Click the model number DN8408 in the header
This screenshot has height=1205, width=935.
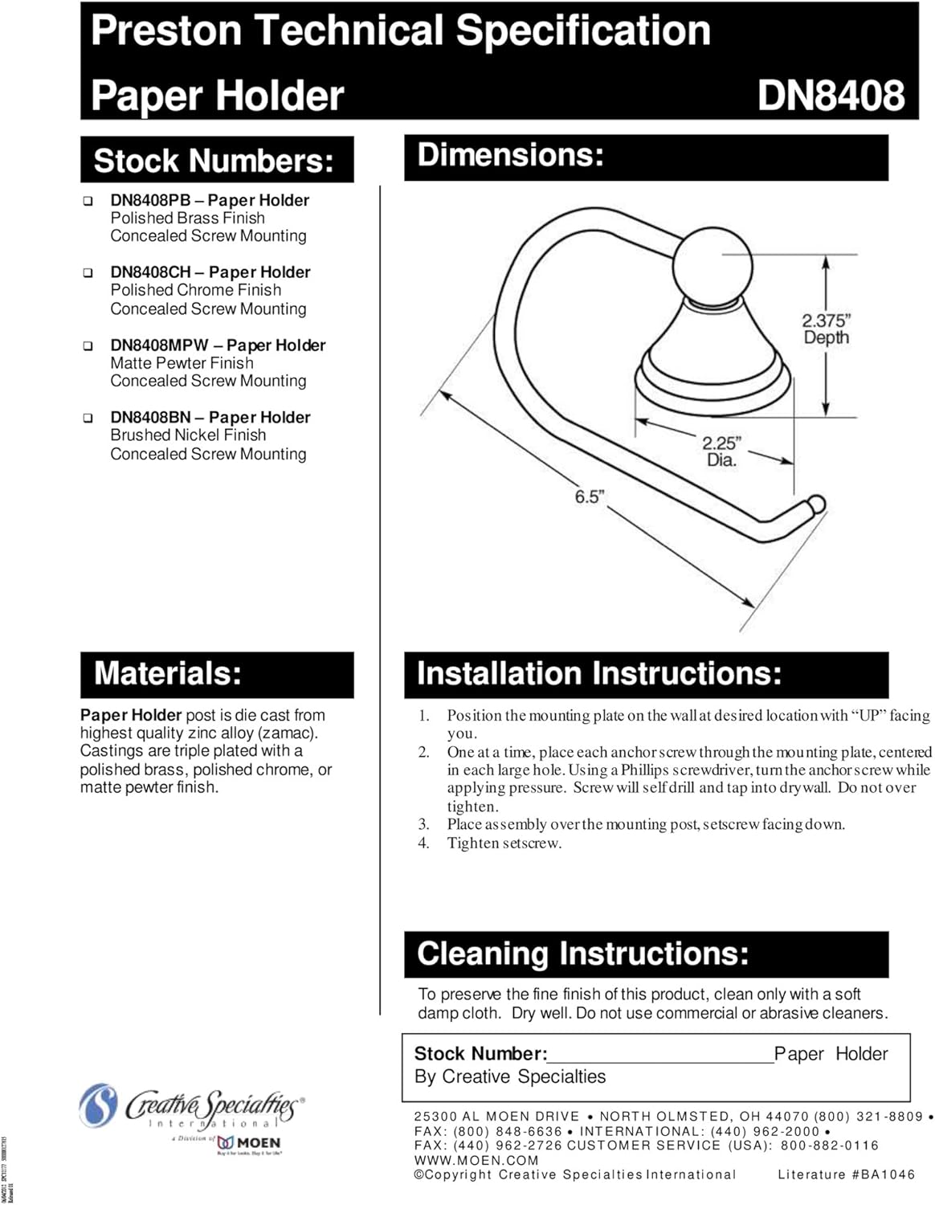click(x=831, y=95)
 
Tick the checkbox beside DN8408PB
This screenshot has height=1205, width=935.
click(x=88, y=201)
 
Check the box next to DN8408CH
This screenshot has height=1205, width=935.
click(x=88, y=273)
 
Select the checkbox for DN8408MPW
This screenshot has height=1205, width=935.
click(x=88, y=346)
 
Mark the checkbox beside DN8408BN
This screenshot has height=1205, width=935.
click(x=88, y=419)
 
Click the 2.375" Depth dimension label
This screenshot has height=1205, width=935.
click(x=826, y=329)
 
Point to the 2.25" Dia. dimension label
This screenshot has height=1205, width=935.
click(x=721, y=451)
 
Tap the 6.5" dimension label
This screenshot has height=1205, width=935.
click(x=588, y=496)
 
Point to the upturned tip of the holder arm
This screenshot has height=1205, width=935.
click(x=815, y=505)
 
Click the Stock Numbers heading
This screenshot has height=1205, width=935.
click(x=214, y=161)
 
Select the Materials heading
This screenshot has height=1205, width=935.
click(x=168, y=673)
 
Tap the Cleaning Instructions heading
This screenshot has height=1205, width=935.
click(x=583, y=954)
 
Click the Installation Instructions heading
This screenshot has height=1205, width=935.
click(x=599, y=673)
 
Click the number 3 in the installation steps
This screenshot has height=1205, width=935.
click(x=423, y=824)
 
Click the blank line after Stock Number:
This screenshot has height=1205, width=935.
click(x=660, y=1056)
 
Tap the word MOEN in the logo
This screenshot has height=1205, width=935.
click(x=259, y=1143)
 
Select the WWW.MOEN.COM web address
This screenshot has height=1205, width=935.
click(x=476, y=1160)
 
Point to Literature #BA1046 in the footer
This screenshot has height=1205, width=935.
click(x=846, y=1174)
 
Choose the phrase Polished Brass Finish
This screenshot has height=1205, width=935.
click(x=188, y=219)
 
